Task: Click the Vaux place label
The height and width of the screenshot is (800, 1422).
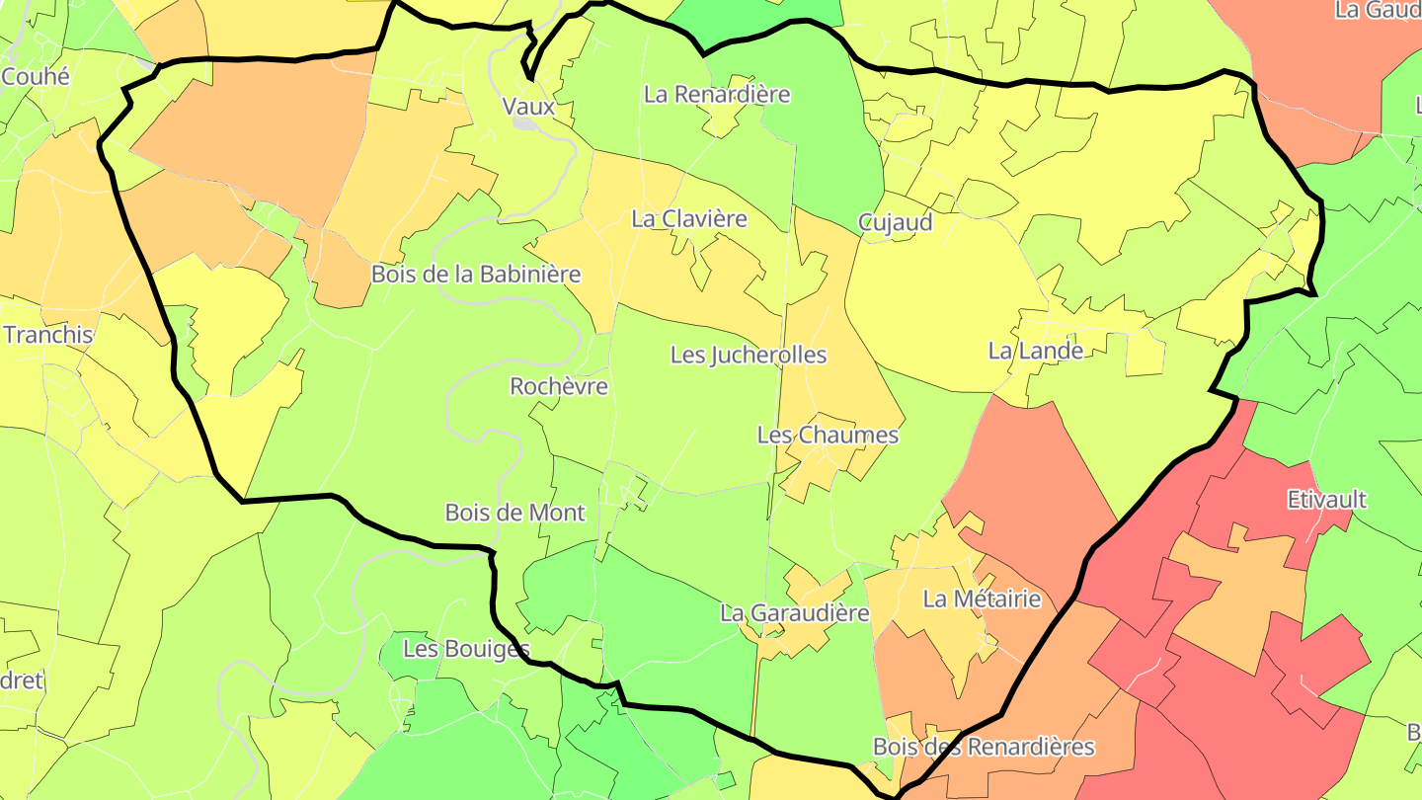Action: click(528, 107)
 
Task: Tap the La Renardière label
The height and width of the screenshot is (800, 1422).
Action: click(717, 95)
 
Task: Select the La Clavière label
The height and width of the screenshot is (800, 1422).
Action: click(689, 219)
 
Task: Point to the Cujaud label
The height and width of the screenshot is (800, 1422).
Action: click(895, 223)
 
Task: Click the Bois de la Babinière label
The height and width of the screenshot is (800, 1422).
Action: click(476, 275)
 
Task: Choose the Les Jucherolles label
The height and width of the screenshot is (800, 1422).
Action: click(749, 355)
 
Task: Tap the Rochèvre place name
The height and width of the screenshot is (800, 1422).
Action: click(559, 386)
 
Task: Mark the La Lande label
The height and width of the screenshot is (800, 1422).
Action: click(1036, 351)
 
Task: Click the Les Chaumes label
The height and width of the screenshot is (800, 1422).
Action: click(828, 435)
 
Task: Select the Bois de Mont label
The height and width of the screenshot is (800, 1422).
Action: click(514, 513)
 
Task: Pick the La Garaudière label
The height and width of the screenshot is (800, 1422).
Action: click(794, 613)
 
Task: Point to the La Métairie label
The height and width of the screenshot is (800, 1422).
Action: click(982, 599)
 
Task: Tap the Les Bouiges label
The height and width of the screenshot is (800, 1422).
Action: click(467, 649)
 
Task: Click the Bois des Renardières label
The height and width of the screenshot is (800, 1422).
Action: click(984, 747)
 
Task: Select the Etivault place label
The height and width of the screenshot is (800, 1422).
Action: click(1327, 500)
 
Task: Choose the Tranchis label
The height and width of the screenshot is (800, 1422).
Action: click(48, 335)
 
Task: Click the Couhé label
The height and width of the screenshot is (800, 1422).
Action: click(37, 76)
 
